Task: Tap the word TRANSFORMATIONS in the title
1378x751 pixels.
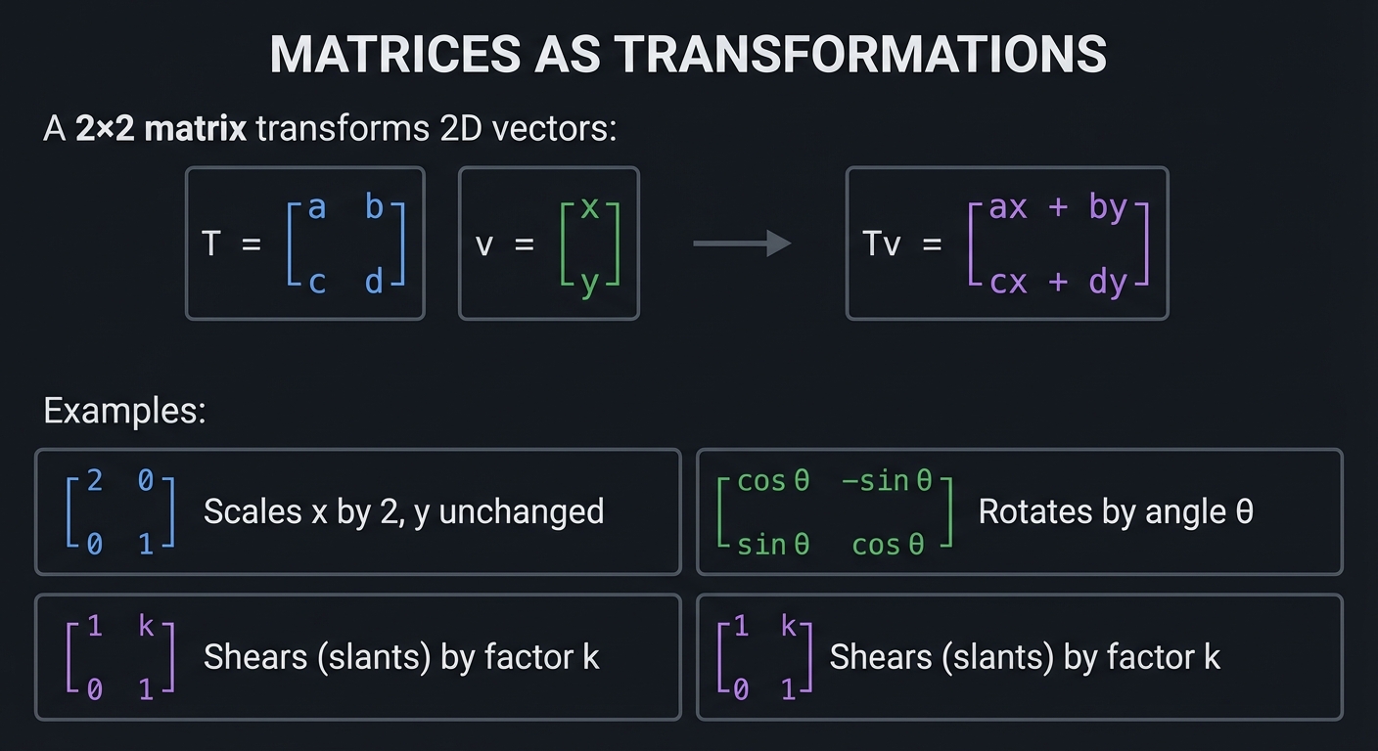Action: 860,55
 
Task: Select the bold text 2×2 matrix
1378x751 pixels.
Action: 161,129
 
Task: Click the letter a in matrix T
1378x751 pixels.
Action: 316,206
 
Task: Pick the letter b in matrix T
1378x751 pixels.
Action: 374,206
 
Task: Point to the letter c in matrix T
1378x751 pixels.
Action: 316,282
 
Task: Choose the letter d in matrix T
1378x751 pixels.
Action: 374,282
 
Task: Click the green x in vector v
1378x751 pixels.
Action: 589,206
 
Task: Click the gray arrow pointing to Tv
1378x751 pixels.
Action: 741,243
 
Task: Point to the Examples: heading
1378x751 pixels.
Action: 124,411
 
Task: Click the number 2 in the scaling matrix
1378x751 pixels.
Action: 94,481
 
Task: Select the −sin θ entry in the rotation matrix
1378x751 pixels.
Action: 888,481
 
